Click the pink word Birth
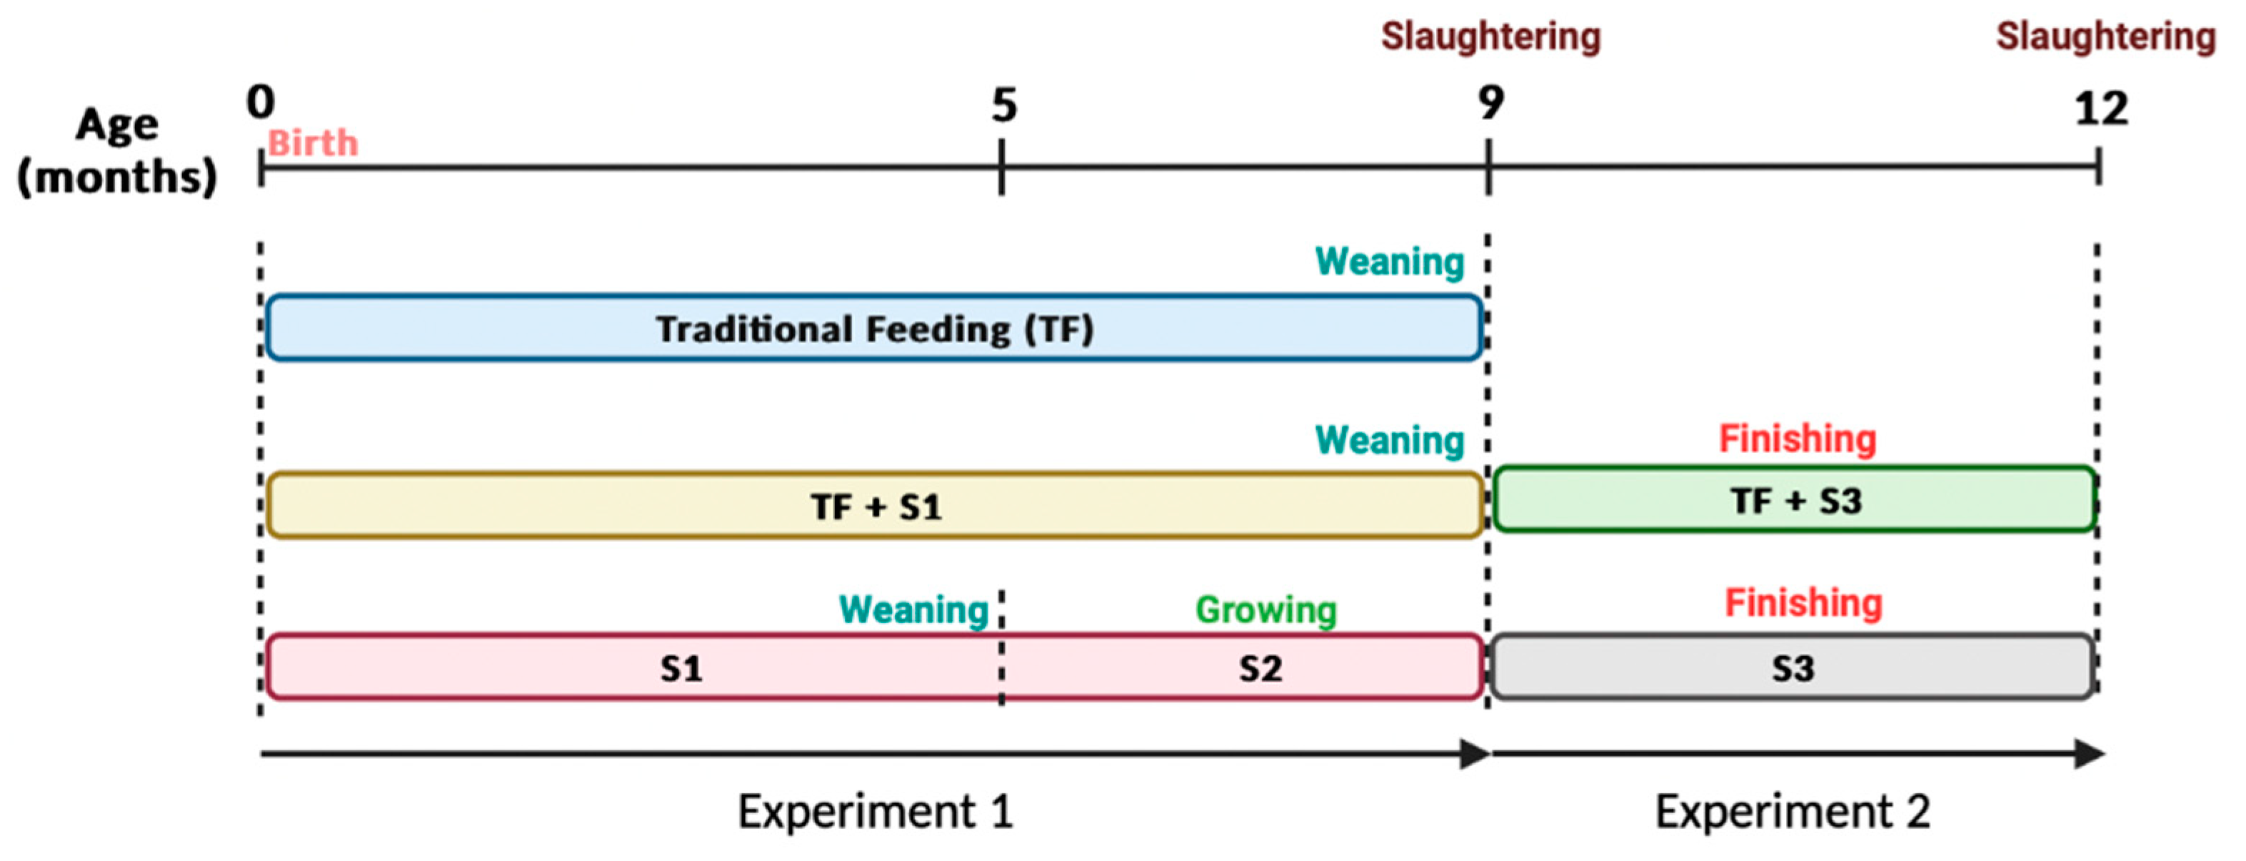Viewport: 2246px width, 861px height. (x=312, y=143)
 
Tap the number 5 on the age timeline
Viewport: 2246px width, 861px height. (x=1003, y=106)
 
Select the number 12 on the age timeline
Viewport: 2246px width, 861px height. (x=2101, y=109)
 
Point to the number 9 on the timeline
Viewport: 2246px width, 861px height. (x=1490, y=103)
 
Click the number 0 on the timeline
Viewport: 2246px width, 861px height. (x=260, y=102)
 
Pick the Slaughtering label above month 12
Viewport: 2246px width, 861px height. (x=2105, y=36)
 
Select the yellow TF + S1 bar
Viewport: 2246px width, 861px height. (x=875, y=506)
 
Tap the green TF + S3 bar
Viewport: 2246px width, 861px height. (x=1795, y=500)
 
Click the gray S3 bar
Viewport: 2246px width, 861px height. (x=1793, y=668)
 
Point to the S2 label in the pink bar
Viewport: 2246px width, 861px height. (x=1260, y=669)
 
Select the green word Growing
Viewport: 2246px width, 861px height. (x=1265, y=609)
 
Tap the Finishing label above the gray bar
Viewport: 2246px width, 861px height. (x=1803, y=603)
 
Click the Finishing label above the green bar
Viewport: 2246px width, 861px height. (x=1797, y=439)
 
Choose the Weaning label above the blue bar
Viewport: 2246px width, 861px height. (x=1389, y=262)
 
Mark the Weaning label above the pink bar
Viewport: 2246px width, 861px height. (x=913, y=609)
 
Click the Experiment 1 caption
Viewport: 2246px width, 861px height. (x=875, y=811)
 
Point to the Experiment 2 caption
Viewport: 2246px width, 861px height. (x=1793, y=811)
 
